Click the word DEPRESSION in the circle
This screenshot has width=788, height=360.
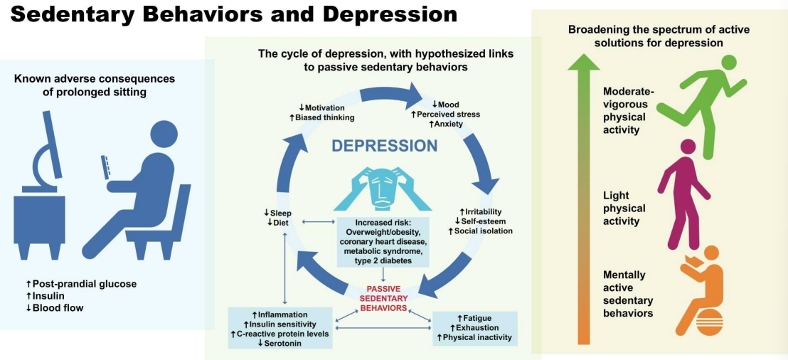tap(385, 146)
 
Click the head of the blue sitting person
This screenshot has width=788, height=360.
tap(165, 135)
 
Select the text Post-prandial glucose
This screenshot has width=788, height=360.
tap(81, 284)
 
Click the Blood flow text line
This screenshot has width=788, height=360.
tap(55, 308)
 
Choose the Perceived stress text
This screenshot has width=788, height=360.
tap(445, 114)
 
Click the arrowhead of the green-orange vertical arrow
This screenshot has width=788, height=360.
tap(583, 61)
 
